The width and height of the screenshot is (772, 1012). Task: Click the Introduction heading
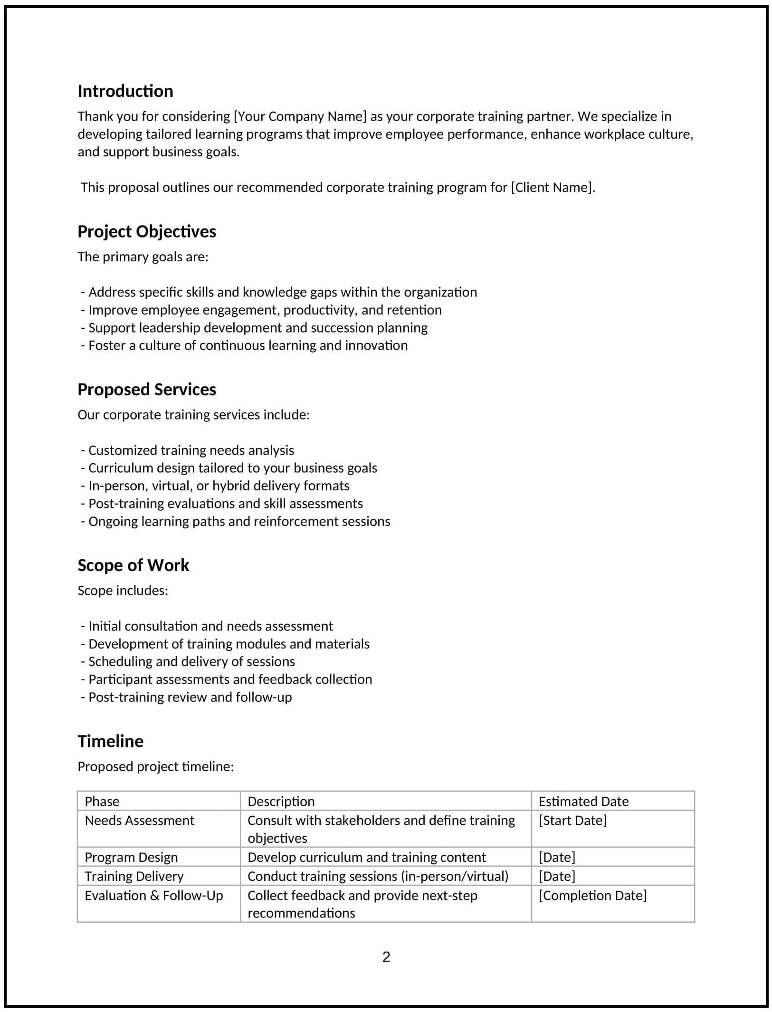tap(125, 91)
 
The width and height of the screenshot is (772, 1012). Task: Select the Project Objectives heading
tap(146, 231)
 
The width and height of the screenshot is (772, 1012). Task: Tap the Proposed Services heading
tap(146, 390)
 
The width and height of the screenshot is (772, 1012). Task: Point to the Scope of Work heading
tap(133, 565)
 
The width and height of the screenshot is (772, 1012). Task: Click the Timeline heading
tap(110, 741)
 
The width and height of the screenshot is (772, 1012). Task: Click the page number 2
tap(386, 957)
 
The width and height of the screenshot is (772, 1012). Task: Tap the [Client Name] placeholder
tap(553, 187)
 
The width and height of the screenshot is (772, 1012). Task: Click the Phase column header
tap(102, 802)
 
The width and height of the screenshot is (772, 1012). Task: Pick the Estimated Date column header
tap(583, 802)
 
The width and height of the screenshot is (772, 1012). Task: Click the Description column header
tap(281, 802)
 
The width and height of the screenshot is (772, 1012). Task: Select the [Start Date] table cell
tap(572, 821)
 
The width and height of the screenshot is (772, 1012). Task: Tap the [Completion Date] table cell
tap(592, 896)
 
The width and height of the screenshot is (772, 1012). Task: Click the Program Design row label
tap(131, 857)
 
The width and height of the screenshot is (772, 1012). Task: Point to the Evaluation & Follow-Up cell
tap(153, 896)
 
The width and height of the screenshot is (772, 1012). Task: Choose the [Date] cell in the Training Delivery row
tap(557, 876)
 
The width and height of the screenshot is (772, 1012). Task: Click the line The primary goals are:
tap(143, 257)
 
